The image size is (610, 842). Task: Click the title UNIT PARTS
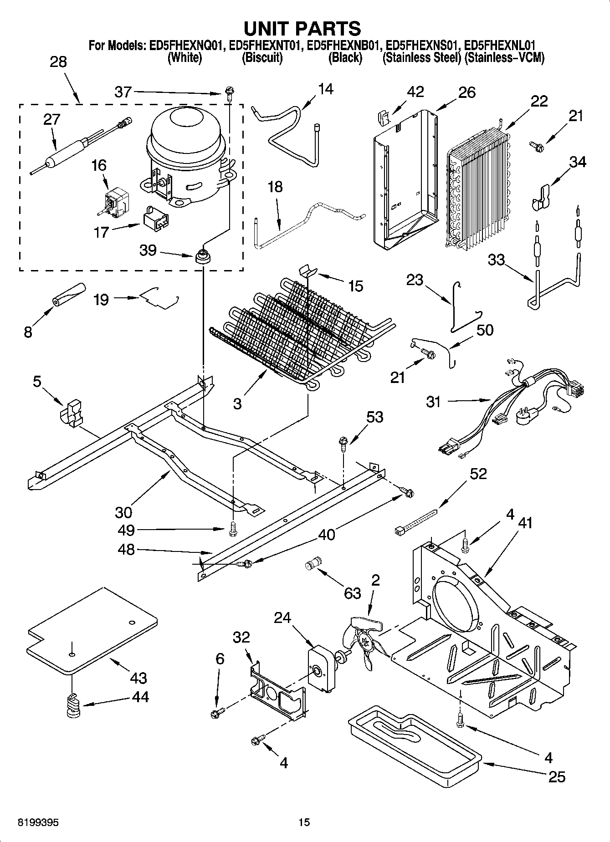tap(302, 28)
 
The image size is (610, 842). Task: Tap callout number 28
tap(58, 62)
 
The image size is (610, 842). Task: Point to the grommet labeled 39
tap(203, 257)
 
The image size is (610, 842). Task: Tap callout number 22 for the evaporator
tap(538, 101)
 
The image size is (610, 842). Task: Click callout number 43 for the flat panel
tap(138, 678)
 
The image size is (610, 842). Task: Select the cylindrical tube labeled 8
tap(69, 295)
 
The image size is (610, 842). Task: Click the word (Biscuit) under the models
tap(262, 58)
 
